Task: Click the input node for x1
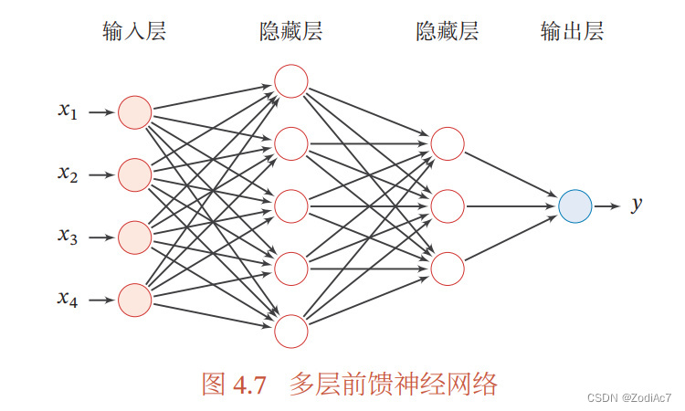tap(135, 112)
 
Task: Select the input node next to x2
tap(135, 174)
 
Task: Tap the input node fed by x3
tap(135, 237)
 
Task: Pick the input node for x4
tap(135, 299)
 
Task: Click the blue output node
tap(575, 205)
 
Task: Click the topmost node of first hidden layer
tap(291, 80)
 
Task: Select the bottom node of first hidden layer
tap(291, 330)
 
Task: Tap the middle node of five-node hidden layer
tap(291, 205)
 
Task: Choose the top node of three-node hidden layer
tap(448, 143)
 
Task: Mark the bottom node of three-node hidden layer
tap(448, 268)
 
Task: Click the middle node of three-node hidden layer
tap(448, 205)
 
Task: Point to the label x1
tap(68, 111)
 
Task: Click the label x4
tap(68, 299)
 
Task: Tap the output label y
tap(638, 205)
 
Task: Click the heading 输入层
tap(134, 33)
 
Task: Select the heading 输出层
tap(573, 33)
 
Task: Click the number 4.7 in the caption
tap(248, 385)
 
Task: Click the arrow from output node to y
tap(607, 205)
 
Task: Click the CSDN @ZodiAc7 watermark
tap(628, 399)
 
